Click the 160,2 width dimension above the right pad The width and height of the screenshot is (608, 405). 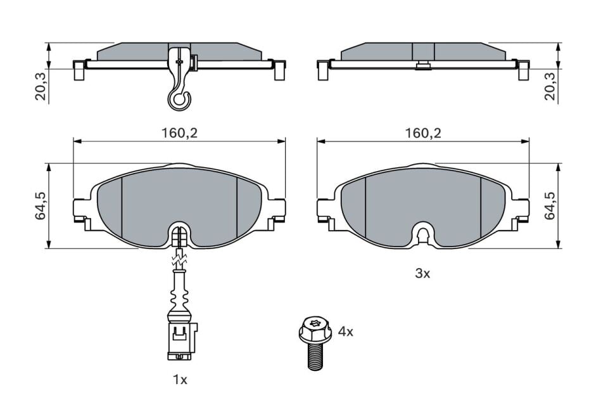[422, 132]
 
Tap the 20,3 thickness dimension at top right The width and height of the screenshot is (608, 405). [549, 86]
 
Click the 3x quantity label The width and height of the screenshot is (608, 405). [422, 273]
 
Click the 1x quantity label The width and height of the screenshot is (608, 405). [180, 380]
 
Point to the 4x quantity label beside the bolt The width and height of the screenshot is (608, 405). [345, 331]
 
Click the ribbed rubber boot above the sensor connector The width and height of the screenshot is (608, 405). [179, 298]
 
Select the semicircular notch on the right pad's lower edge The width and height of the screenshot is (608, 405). [422, 235]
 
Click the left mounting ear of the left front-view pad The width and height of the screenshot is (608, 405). [82, 209]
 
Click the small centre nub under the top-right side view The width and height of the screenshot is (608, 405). [422, 65]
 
